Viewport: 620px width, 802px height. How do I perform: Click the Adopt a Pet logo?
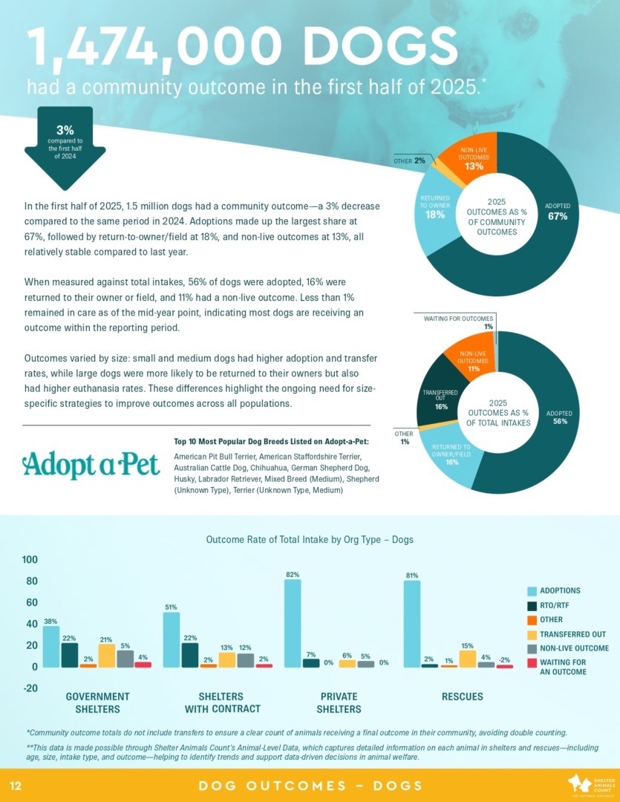tap(91, 464)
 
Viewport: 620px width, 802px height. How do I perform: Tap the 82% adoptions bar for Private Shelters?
tap(293, 623)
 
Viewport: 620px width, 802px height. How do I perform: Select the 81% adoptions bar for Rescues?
tap(412, 624)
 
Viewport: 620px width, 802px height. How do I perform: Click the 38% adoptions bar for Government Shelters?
tap(51, 647)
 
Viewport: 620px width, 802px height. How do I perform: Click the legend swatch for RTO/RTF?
tap(532, 605)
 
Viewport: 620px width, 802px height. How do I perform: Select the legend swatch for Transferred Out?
tap(532, 634)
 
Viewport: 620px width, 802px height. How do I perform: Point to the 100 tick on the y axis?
tap(30, 559)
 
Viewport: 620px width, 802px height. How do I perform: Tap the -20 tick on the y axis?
tap(30, 688)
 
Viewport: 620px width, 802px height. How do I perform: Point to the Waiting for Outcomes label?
tap(458, 319)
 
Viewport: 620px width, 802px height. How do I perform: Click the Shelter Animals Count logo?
tap(590, 785)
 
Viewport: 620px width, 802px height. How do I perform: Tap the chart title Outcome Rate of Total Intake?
tap(310, 540)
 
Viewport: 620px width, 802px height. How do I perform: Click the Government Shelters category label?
tap(98, 702)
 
